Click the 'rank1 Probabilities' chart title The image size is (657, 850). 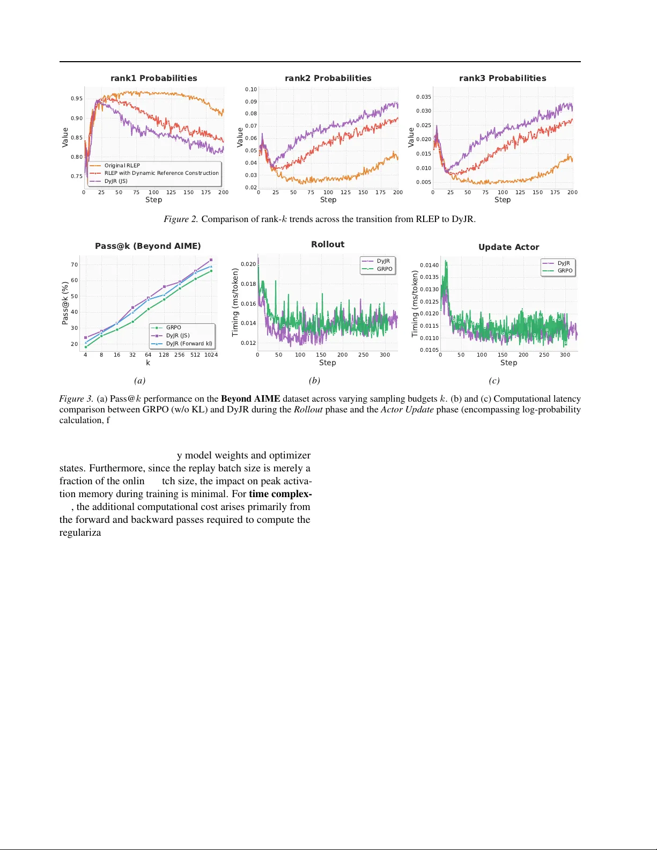coord(153,78)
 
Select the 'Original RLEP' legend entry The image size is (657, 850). coord(122,166)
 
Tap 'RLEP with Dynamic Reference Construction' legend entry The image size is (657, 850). coord(161,173)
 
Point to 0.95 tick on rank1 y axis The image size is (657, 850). coord(77,99)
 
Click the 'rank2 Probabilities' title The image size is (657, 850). coord(328,78)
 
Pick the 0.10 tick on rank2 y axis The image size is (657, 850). coord(251,90)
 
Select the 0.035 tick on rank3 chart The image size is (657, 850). coord(423,97)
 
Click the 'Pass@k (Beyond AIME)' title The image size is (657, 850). coord(147,246)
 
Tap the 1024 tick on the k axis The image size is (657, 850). coord(211,355)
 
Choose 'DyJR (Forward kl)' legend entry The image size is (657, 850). coord(188,344)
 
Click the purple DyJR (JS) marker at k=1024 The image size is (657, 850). coord(211,260)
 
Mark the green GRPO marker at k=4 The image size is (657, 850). coord(86,347)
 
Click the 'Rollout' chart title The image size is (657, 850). coord(327,245)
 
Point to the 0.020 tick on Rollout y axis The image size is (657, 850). coord(248,264)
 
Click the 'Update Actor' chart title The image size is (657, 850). coord(508,247)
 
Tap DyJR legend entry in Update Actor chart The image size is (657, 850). coord(563,263)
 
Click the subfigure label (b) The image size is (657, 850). coord(314,381)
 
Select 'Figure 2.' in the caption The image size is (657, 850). coord(181,219)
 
